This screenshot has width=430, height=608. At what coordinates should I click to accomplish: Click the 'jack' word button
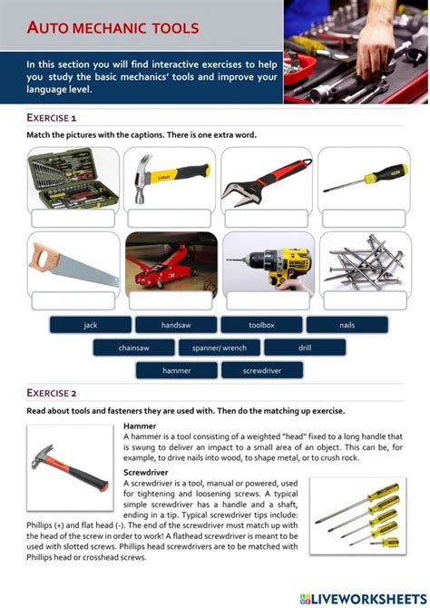click(90, 325)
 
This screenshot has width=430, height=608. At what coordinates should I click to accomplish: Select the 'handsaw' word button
click(176, 325)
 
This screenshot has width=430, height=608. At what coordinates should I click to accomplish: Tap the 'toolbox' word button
click(261, 325)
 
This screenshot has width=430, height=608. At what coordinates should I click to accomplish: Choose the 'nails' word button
click(347, 325)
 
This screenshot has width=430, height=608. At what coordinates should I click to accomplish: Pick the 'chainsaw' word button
click(133, 348)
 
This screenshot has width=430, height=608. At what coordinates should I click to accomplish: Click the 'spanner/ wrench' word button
click(219, 348)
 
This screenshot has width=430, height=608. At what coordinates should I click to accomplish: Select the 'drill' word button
click(305, 348)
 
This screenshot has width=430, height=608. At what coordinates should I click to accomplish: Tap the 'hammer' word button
click(176, 370)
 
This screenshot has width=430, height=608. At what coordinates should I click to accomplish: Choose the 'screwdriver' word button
click(262, 370)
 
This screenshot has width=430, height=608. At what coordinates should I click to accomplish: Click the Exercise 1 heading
click(52, 118)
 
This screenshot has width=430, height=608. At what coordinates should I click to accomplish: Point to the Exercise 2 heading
click(52, 393)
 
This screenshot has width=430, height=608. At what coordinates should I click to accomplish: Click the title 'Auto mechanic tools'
click(112, 28)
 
